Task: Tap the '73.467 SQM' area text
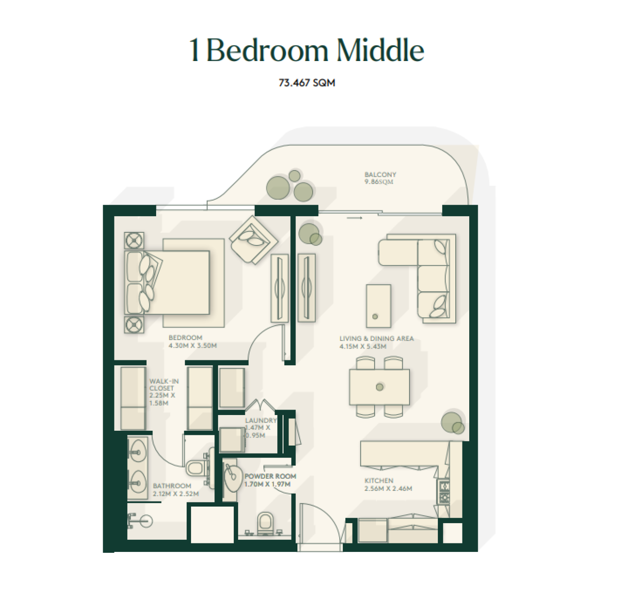coord(307,83)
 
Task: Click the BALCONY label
coord(380,175)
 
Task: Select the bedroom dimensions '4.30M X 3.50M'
coord(192,345)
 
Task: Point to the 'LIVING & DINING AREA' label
coord(376,338)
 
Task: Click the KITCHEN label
coord(379,481)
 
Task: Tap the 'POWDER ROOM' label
coord(270,476)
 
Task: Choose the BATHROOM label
coord(172,486)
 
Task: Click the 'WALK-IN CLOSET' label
coord(164,385)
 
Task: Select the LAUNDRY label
coord(261,420)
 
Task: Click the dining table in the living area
coord(379,387)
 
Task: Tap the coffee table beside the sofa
coord(379,306)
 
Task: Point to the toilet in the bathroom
coord(195,468)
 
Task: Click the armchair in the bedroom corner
coord(253,240)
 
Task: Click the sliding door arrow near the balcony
coord(354,218)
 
